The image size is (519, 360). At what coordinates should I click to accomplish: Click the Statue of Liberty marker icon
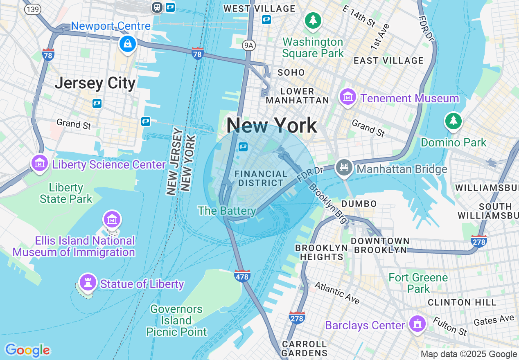87,282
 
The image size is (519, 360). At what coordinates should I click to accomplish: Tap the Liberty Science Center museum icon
39,163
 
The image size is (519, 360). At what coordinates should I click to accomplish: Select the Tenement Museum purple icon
348,97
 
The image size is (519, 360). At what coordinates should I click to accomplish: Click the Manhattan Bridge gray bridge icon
344,168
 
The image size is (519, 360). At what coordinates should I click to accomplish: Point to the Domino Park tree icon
453,121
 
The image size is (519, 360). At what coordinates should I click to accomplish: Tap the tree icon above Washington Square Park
313,20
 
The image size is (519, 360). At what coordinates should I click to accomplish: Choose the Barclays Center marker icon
417,324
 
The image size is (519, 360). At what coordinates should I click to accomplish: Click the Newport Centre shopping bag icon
127,43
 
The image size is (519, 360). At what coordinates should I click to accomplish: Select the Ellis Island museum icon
112,220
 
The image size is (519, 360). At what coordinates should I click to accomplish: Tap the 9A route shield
248,45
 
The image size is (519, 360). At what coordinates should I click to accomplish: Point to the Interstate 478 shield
242,276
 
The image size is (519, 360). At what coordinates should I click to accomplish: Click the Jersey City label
95,83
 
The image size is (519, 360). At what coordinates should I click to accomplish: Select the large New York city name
272,125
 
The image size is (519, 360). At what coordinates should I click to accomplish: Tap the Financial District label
261,179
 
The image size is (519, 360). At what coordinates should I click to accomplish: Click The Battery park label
227,211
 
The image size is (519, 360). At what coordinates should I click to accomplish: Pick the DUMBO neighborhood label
359,204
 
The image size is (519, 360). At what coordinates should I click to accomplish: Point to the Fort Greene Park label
418,283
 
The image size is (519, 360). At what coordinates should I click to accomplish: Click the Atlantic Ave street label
337,292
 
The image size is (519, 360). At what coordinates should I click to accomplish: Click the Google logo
27,350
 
